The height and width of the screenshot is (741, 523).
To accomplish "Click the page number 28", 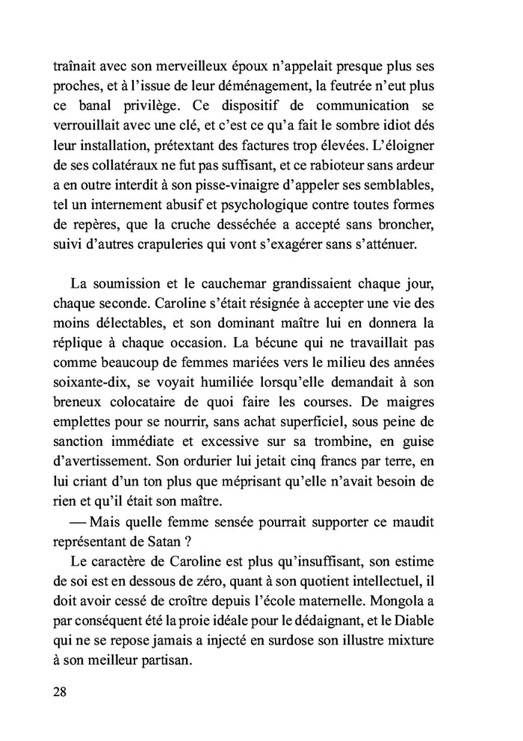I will (61, 691).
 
